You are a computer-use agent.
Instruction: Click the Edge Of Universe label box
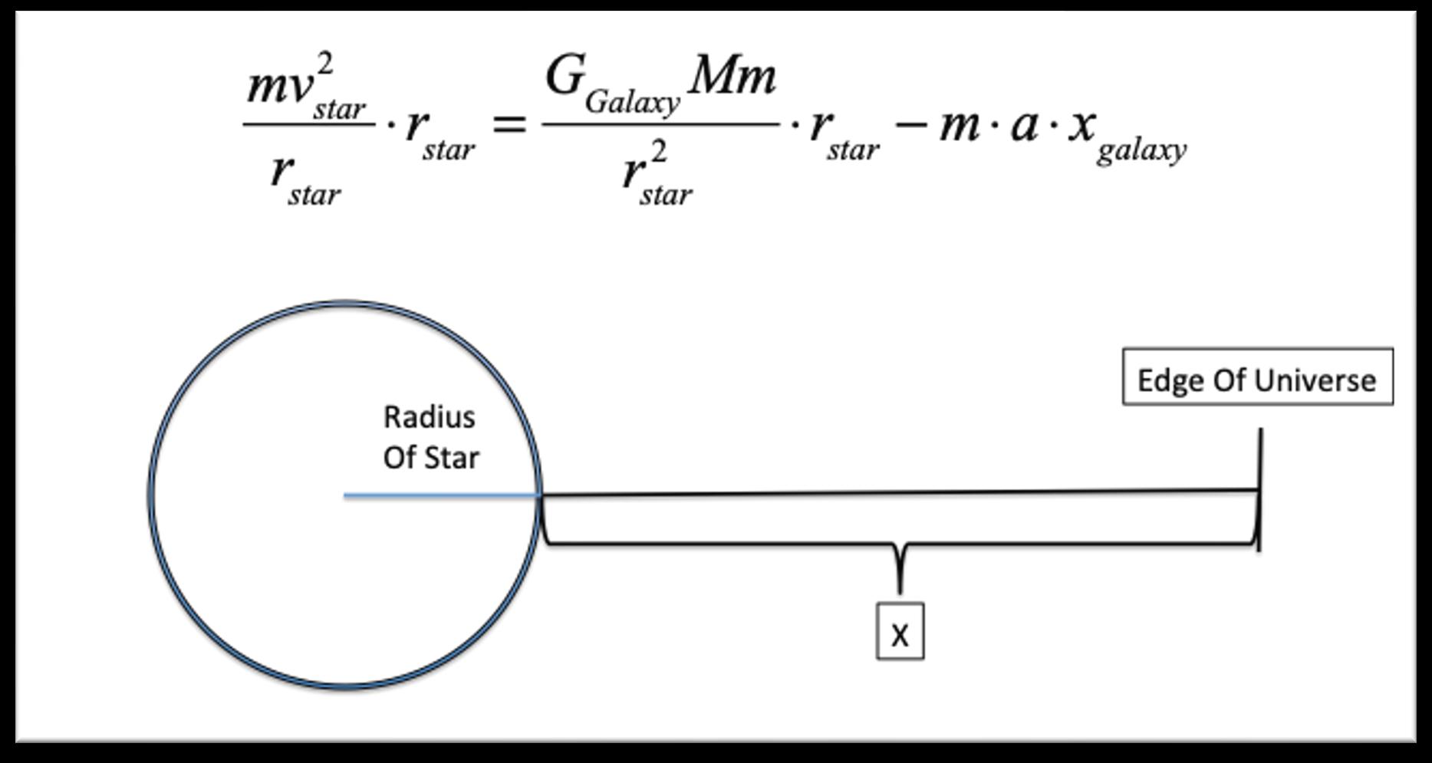click(1257, 377)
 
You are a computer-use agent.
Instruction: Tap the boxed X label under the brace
click(900, 632)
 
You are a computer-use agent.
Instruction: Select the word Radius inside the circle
click(429, 418)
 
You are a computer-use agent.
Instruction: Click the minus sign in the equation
click(910, 124)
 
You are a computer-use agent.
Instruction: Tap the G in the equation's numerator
click(565, 77)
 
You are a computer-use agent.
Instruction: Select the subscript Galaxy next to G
click(632, 102)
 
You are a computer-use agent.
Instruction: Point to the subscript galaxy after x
click(1141, 150)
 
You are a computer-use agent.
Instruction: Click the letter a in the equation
click(1025, 124)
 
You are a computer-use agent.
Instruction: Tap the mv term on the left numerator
click(279, 87)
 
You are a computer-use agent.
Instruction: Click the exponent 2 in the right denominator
click(658, 153)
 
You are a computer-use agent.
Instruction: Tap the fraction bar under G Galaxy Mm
click(660, 123)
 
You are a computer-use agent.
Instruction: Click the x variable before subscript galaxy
click(1081, 124)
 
